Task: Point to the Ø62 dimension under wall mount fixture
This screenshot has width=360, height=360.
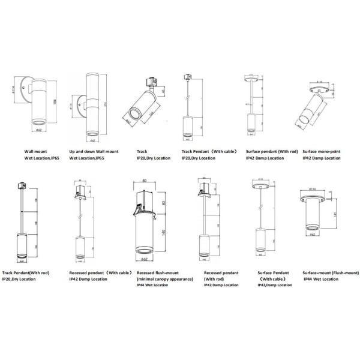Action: pos(37,130)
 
